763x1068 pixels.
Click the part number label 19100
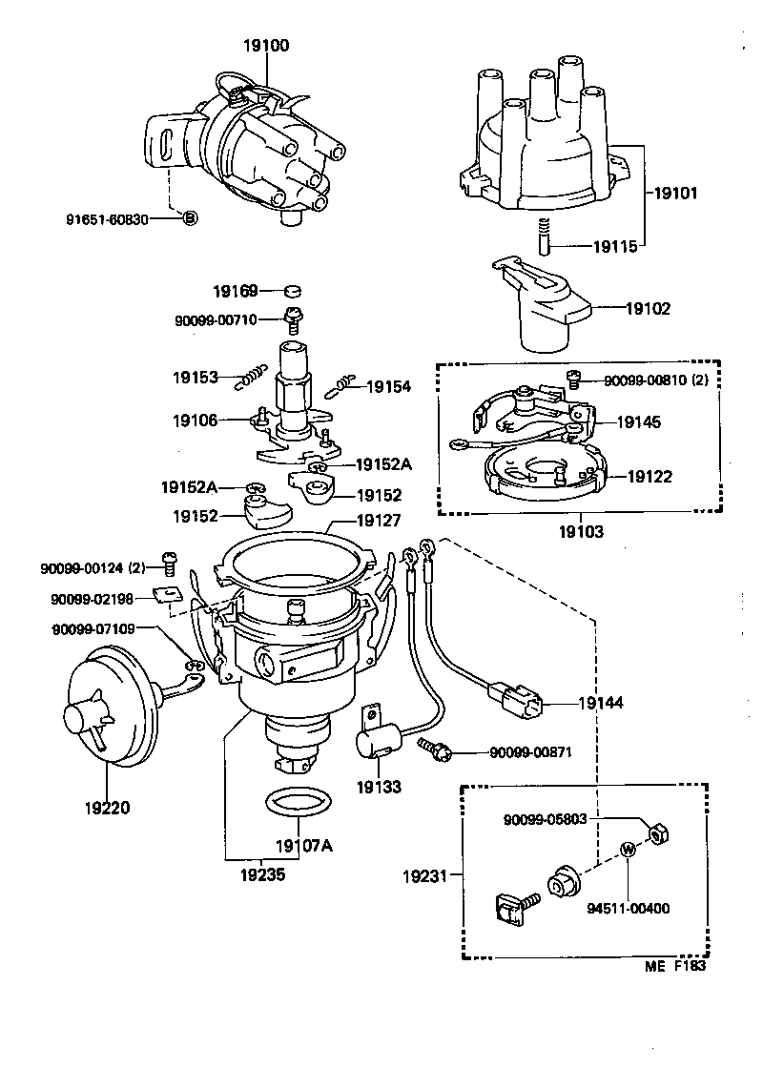pyautogui.click(x=265, y=45)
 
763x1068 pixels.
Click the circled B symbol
pyautogui.click(x=189, y=218)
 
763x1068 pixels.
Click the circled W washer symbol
pyautogui.click(x=629, y=850)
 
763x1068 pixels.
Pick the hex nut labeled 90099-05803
pyautogui.click(x=657, y=835)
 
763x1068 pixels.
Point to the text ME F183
pyautogui.click(x=674, y=965)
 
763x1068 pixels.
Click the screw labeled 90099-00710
pyautogui.click(x=295, y=321)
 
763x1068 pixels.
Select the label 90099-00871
pyautogui.click(x=530, y=752)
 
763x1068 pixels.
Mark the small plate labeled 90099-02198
pyautogui.click(x=168, y=597)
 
